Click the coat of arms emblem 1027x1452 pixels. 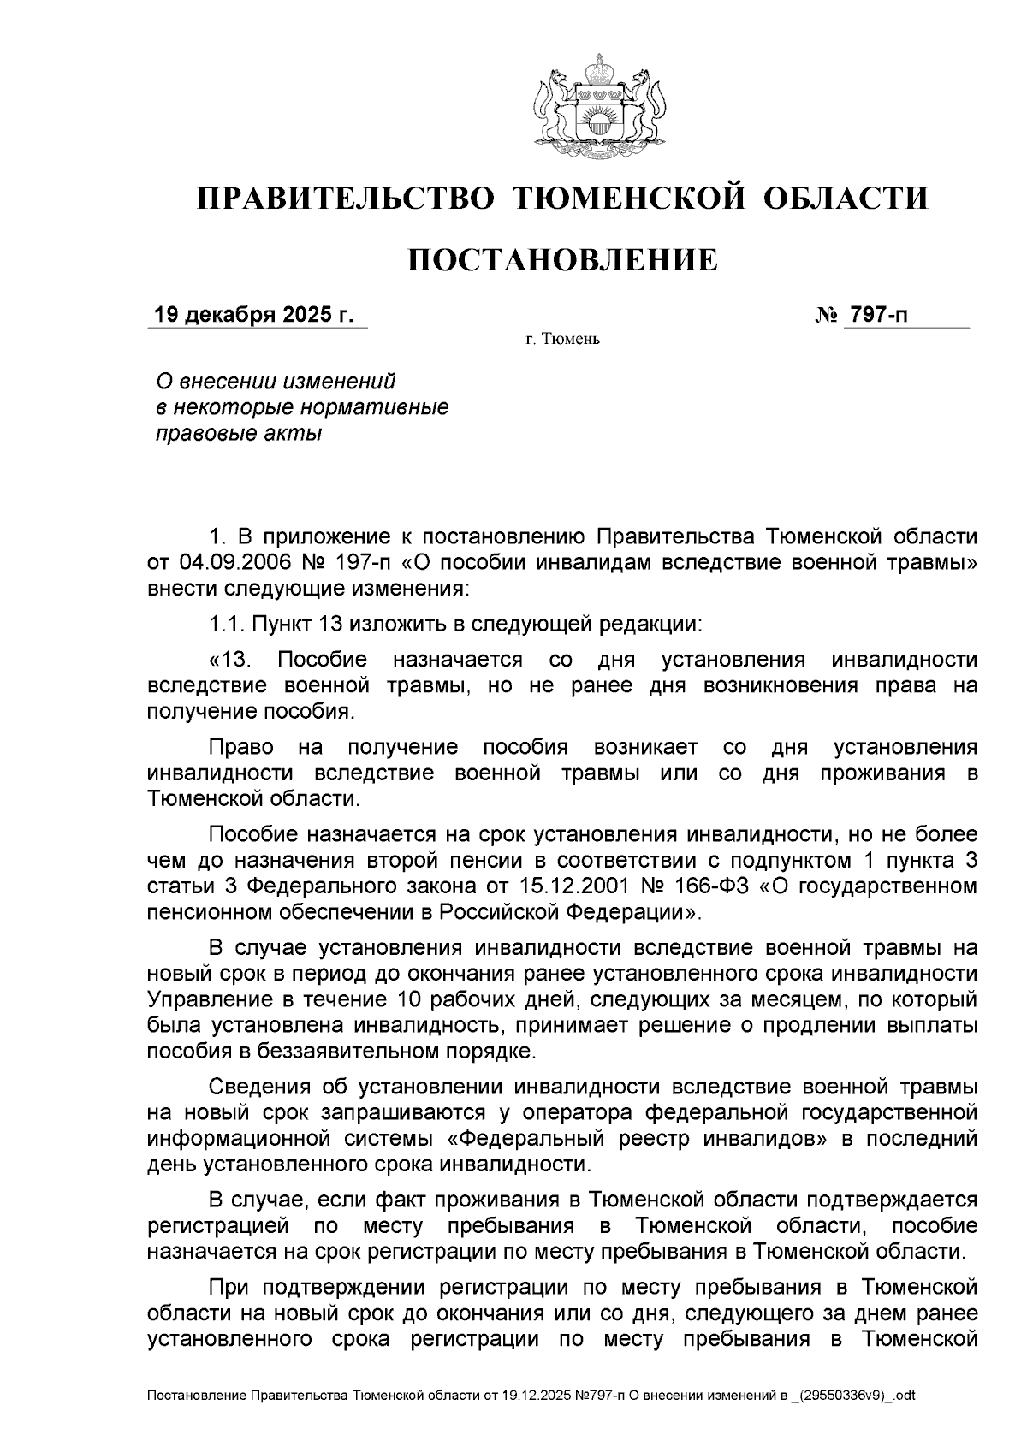[x=599, y=106]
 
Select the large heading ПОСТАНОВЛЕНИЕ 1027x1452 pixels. [x=561, y=260]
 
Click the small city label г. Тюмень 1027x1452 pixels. [x=562, y=341]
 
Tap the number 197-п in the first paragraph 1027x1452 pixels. [x=360, y=563]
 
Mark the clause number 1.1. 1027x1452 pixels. [x=225, y=624]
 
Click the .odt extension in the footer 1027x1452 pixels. [x=904, y=1396]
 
